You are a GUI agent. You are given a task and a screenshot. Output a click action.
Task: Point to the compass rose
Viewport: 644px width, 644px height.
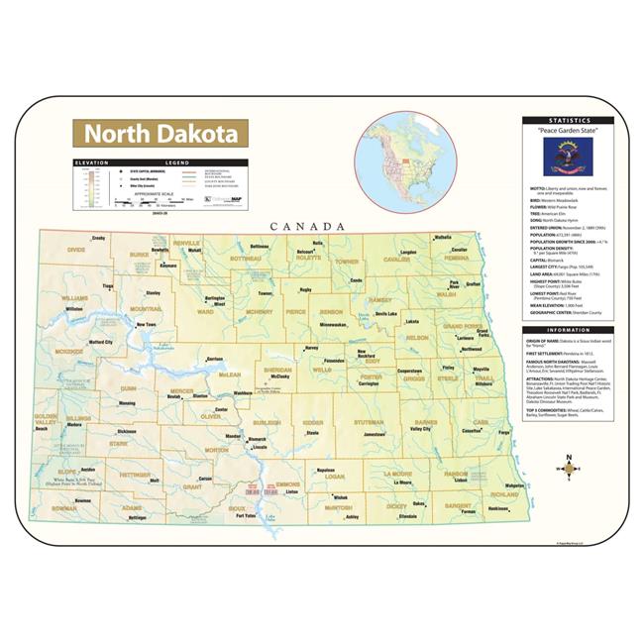tap(568, 464)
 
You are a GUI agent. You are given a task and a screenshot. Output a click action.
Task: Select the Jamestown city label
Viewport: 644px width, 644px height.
tap(374, 434)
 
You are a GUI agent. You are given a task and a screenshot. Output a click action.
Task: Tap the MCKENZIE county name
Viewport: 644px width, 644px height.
tap(69, 351)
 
